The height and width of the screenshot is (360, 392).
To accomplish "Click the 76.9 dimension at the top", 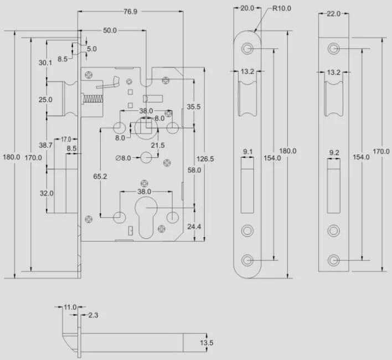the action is [130, 12].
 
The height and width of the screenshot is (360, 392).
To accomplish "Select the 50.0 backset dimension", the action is [110, 30].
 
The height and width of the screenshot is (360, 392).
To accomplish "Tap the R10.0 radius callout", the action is [281, 8].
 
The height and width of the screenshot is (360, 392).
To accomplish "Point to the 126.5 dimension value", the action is [205, 159].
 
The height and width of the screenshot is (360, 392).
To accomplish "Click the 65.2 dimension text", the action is [100, 177].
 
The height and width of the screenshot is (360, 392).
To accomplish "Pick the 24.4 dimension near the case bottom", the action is [194, 227].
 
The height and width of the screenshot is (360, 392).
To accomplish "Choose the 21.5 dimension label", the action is [158, 145].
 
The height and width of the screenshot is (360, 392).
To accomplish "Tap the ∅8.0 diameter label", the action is [123, 158].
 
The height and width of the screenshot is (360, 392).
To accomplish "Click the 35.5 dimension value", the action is [193, 107].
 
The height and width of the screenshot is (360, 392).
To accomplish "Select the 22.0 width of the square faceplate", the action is [333, 14].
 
